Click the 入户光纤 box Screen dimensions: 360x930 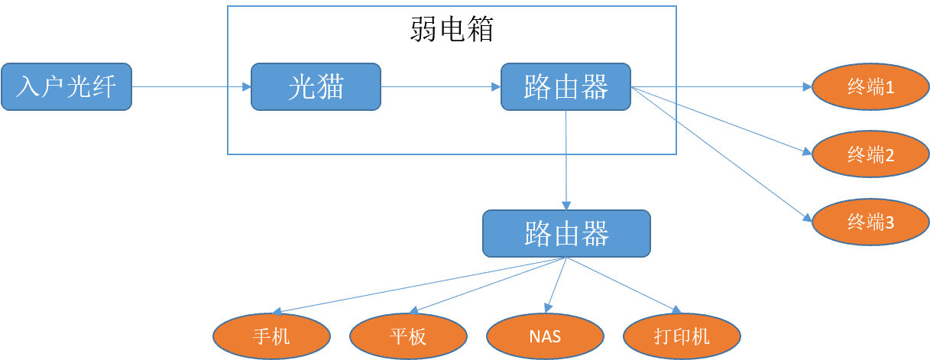point(66,87)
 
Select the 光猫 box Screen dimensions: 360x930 point(316,87)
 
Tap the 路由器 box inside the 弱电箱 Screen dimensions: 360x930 point(565,86)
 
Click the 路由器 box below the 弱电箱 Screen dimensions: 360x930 point(566,233)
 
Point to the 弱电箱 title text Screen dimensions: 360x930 point(452,30)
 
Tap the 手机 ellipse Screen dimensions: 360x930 point(271,336)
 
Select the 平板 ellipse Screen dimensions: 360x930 point(408,336)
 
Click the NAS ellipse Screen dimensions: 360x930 point(545,336)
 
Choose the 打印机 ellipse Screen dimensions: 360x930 point(682,336)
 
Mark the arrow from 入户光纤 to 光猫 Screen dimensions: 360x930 point(191,87)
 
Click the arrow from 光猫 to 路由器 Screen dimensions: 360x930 point(440,87)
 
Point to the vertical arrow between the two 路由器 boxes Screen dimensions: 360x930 point(566,161)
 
